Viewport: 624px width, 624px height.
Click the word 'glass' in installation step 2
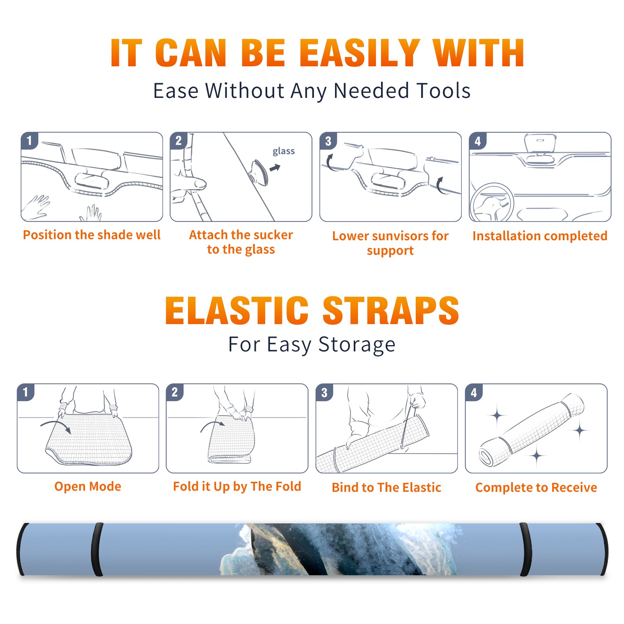[x=284, y=151]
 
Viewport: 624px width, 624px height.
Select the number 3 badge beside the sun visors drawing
[x=328, y=141]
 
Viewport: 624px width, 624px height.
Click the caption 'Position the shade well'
[x=92, y=235]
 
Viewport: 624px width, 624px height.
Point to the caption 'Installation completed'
[x=540, y=236]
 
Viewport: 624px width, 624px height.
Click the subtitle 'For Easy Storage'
[x=312, y=344]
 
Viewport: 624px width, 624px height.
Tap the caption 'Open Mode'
[x=88, y=486]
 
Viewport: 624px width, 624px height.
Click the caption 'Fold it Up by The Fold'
[x=237, y=486]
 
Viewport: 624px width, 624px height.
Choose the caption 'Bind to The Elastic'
[x=386, y=487]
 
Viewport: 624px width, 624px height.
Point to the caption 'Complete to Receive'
[x=536, y=487]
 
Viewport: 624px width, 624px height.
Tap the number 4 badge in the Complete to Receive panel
[x=474, y=392]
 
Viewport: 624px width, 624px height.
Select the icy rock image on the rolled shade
[x=339, y=549]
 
